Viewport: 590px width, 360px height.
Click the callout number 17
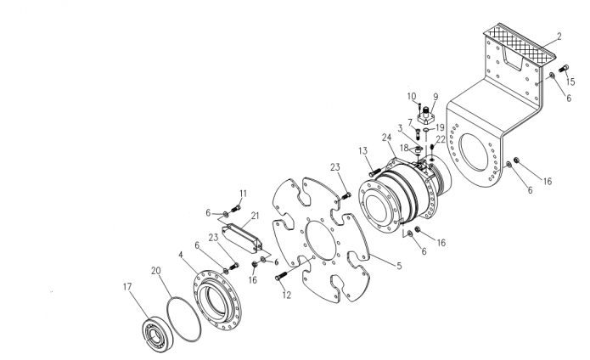click(127, 287)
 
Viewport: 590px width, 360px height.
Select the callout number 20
click(156, 271)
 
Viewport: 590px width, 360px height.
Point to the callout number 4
click(181, 255)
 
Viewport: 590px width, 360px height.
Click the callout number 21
click(256, 216)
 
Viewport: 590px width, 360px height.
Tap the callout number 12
click(287, 295)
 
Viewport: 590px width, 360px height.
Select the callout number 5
click(399, 266)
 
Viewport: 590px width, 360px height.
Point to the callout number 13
click(362, 151)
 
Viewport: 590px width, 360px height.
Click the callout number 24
click(387, 138)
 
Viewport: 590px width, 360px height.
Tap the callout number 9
click(435, 97)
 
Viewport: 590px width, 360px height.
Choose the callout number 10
click(412, 96)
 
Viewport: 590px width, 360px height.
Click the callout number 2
click(559, 37)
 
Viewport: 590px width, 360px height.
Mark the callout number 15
click(570, 82)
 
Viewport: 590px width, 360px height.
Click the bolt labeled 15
click(564, 69)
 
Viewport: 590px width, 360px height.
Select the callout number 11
click(244, 194)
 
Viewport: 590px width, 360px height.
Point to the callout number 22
click(441, 139)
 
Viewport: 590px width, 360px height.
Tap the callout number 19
click(440, 127)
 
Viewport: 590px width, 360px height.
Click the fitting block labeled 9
click(426, 115)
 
